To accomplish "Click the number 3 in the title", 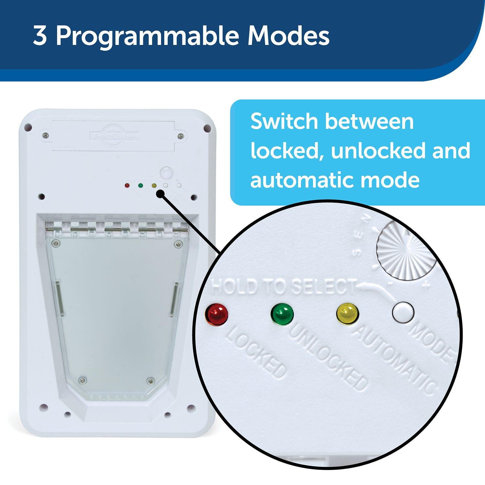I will coord(40,36).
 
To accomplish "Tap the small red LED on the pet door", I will coord(127,186).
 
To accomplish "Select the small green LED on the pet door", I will coord(140,186).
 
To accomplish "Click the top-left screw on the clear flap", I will coord(57,243).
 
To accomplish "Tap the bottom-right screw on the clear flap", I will coord(149,381).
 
